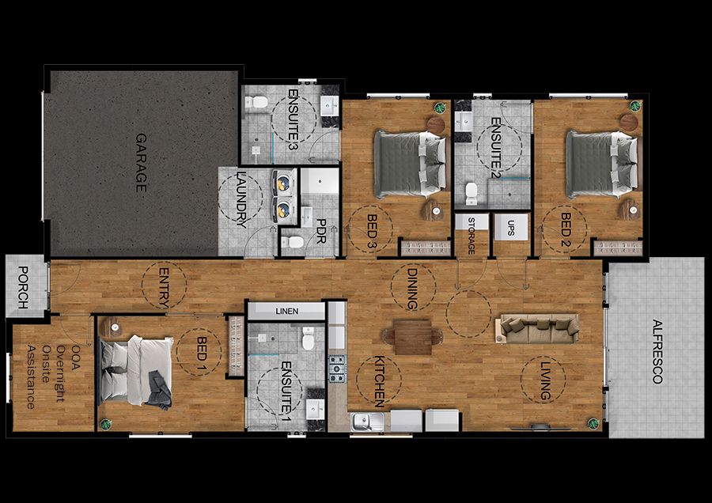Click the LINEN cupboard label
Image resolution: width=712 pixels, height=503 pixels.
286,312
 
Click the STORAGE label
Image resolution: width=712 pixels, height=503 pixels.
472,235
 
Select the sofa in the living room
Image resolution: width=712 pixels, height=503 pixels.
538,327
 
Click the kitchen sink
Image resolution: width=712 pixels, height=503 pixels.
368,422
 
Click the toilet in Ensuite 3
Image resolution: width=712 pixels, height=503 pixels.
255,103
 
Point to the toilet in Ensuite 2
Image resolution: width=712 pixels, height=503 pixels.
472,192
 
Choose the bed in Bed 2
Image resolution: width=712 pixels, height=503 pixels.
602,163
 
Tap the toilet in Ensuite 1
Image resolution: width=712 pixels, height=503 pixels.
309,339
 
